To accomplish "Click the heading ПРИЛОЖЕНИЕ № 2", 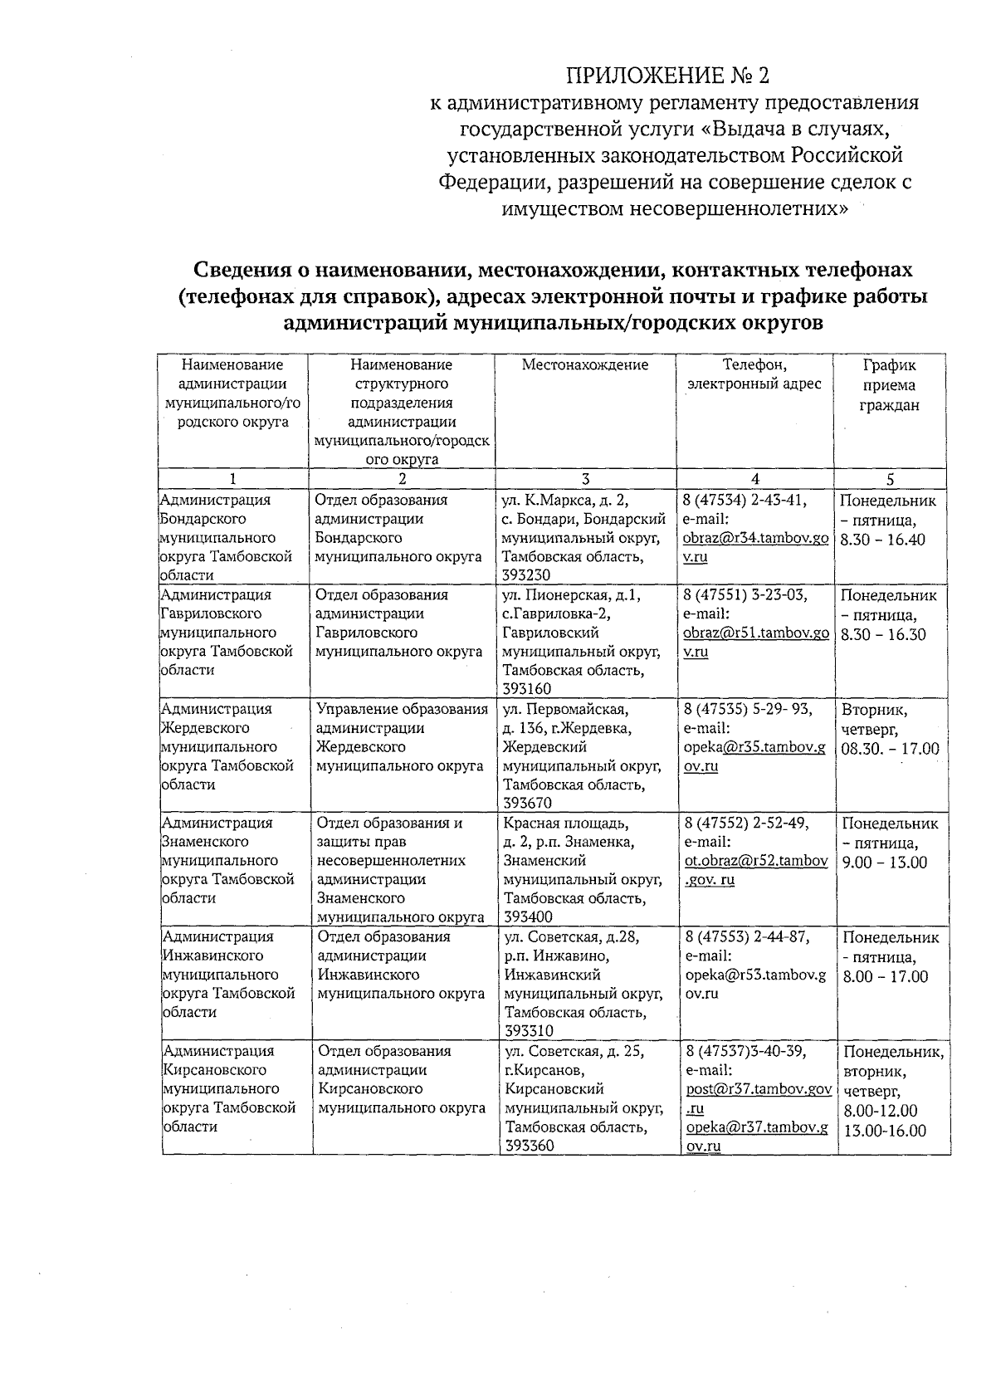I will point(667,76).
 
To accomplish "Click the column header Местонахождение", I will point(585,364).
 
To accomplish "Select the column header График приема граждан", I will point(889,385).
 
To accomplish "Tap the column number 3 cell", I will point(585,479).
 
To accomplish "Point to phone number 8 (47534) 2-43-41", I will point(745,500).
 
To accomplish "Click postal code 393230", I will point(525,575).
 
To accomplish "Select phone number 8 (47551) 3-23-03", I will point(745,594).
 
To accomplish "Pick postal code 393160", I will point(526,689).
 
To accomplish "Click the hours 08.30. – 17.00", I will point(890,749).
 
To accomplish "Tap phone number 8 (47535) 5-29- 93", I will point(747,709).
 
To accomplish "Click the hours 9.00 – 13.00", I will point(884,863).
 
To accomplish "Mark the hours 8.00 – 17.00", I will point(885,976).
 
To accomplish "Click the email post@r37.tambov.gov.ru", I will point(758,1088).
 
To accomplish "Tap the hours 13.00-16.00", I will point(885,1131).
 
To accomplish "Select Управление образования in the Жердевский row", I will point(403,709).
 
